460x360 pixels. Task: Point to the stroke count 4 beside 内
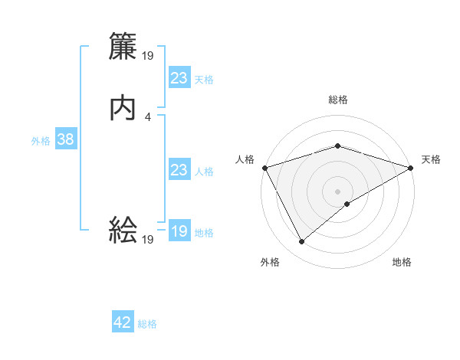pos(147,117)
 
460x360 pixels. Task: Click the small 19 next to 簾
pos(149,56)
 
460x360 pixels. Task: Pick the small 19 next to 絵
pos(148,240)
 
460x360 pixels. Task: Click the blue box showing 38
pos(65,140)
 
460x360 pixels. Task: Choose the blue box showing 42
pos(123,322)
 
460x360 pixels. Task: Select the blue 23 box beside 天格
pos(179,78)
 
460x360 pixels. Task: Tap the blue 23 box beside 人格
pos(179,170)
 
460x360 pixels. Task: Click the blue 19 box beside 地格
pos(179,231)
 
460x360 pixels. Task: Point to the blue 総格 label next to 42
pos(147,324)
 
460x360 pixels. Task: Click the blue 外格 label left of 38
pos(41,141)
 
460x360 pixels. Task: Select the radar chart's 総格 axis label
pos(338,100)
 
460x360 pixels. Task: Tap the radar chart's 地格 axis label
pos(402,263)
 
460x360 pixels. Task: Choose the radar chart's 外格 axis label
pos(270,263)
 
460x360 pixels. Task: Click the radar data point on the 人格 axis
pos(264,168)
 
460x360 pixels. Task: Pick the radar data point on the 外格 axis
pos(301,242)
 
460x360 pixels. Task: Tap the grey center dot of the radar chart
pos(338,191)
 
